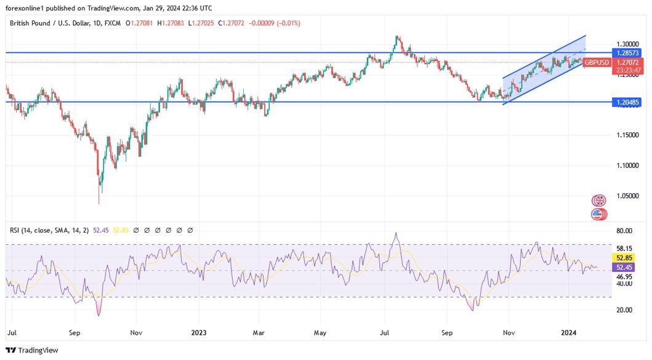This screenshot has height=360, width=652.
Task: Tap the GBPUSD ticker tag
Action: pos(597,62)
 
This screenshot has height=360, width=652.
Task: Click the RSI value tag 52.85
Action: pos(625,258)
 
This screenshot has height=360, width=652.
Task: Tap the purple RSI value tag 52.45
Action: pos(625,267)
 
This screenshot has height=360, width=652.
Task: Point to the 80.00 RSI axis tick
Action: pos(624,231)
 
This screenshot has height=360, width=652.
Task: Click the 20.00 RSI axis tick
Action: pos(624,310)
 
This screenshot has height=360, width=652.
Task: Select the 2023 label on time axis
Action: pos(198,332)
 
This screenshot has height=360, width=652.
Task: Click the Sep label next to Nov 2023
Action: pos(446,332)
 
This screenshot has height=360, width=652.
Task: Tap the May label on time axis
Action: pos(320,332)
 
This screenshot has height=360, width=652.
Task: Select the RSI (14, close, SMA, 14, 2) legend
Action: pos(49,230)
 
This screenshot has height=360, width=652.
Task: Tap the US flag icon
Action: pos(598,215)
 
